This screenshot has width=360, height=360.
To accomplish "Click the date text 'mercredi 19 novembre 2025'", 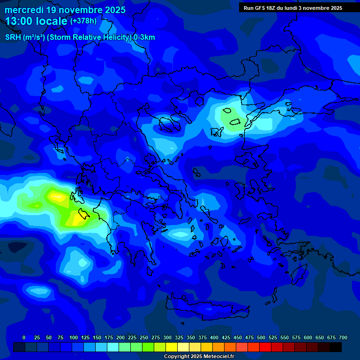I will click(x=65, y=10).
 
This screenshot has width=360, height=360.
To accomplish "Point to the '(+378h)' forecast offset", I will click(x=83, y=21).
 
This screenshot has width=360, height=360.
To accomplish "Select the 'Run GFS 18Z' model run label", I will click(x=262, y=8).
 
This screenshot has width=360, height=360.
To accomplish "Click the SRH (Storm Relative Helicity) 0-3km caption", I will click(x=80, y=37).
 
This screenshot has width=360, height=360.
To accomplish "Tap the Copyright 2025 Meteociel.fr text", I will click(x=199, y=357).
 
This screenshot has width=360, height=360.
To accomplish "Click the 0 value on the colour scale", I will click(x=24, y=338).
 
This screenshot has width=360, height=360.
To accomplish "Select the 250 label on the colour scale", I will click(x=144, y=338).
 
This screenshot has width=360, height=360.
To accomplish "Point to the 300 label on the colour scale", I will click(x=167, y=338).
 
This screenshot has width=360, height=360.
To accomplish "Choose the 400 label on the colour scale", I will click(x=214, y=338).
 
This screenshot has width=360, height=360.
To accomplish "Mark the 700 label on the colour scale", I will click(x=343, y=338).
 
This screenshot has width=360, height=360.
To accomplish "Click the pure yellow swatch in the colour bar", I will click(x=172, y=347).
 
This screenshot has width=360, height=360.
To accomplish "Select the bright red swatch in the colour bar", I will click(x=265, y=347).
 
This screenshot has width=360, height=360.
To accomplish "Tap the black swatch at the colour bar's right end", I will click(x=336, y=347).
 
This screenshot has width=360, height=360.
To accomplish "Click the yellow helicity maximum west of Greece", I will click(x=58, y=197).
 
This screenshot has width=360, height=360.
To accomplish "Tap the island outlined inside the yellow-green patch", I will click(x=84, y=214).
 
